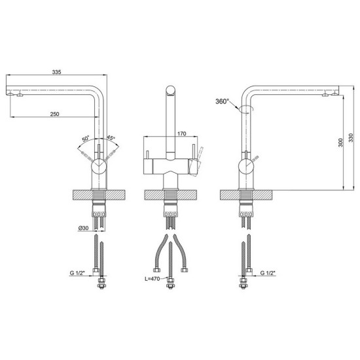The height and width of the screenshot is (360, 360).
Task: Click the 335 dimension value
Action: (x=56, y=72)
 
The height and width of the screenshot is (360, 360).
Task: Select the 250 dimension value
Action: (x=54, y=114)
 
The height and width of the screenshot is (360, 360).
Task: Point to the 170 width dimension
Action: (x=182, y=134)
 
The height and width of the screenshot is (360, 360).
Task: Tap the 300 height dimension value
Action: (x=340, y=143)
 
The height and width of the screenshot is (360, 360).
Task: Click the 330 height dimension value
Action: (x=351, y=137)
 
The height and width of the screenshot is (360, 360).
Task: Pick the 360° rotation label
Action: (x=223, y=101)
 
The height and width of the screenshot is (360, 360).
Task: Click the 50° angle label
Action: (x=86, y=139)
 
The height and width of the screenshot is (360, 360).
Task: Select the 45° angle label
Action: (x=111, y=138)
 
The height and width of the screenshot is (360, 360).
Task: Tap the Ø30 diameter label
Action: (x=83, y=228)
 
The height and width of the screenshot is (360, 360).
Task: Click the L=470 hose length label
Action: (x=152, y=279)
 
